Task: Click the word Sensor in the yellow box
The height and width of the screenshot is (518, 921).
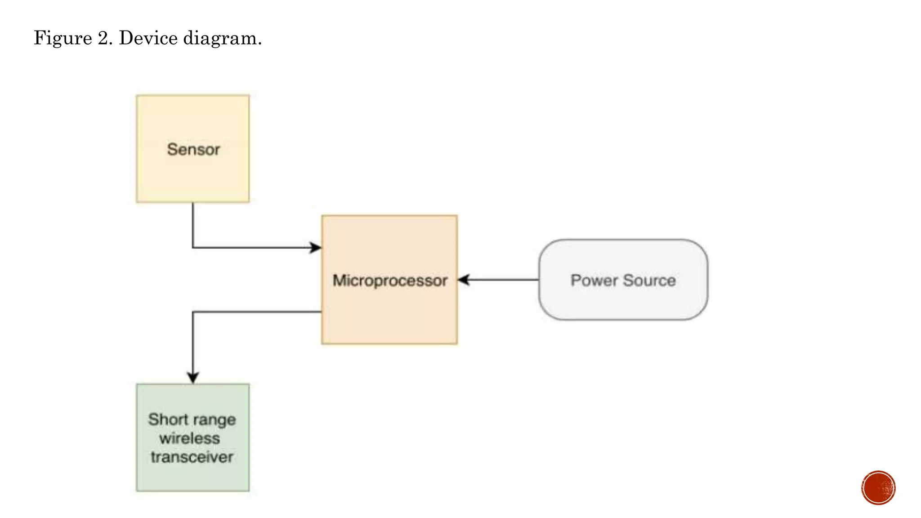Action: [x=193, y=149]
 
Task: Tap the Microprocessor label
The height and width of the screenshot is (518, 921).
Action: [x=389, y=280]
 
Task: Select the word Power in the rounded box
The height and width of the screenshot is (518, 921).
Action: [x=594, y=280]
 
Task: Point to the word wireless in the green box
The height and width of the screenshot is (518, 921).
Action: [x=189, y=438]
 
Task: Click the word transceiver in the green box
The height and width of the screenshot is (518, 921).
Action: [x=192, y=457]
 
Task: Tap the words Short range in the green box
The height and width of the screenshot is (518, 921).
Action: [x=192, y=419]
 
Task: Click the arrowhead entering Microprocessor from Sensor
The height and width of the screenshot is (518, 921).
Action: [x=316, y=247]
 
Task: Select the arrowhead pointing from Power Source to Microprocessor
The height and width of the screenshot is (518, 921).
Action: [x=464, y=280]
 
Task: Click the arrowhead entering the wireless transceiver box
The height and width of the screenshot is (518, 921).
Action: [x=193, y=377]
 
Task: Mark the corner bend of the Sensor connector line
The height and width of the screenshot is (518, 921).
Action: [x=193, y=247]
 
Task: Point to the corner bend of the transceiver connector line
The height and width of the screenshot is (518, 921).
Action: [x=193, y=312]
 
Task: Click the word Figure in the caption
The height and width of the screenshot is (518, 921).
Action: [x=63, y=38]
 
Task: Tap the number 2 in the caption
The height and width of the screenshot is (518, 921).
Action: [x=103, y=38]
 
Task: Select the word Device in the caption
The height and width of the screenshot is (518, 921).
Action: [x=148, y=38]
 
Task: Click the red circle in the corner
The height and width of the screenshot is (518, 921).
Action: [x=878, y=488]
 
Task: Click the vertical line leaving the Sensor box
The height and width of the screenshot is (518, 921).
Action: [x=193, y=225]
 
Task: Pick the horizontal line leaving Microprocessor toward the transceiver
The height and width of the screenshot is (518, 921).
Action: [x=256, y=312]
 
